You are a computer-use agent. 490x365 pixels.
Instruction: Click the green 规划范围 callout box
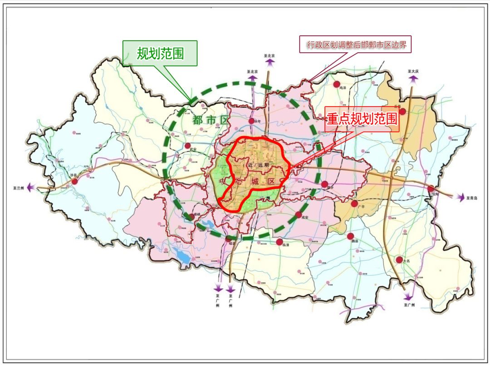point(160,54)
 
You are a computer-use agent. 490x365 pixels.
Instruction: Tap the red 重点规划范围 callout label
point(362,119)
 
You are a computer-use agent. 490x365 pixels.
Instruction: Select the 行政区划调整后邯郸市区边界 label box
point(355,44)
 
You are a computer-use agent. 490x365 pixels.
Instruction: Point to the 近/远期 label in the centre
point(259,165)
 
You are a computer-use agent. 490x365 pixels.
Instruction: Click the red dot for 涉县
point(75,181)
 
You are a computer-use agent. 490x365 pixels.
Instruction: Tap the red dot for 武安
point(187,146)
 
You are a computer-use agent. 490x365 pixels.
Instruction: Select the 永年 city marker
point(251,121)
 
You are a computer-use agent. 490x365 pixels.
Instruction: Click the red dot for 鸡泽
point(337,84)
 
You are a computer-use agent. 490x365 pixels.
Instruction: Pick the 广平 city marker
point(354,204)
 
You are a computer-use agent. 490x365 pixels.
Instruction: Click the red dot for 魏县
point(350,236)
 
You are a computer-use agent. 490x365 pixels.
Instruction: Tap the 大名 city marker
point(399,260)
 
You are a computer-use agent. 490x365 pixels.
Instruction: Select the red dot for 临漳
point(279,242)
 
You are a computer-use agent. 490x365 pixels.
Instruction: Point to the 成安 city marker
point(299,214)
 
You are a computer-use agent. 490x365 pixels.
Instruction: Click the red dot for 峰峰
point(192,217)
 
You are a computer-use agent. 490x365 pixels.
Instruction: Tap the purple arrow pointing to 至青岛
point(460,197)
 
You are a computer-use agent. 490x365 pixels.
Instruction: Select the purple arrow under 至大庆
point(413,79)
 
